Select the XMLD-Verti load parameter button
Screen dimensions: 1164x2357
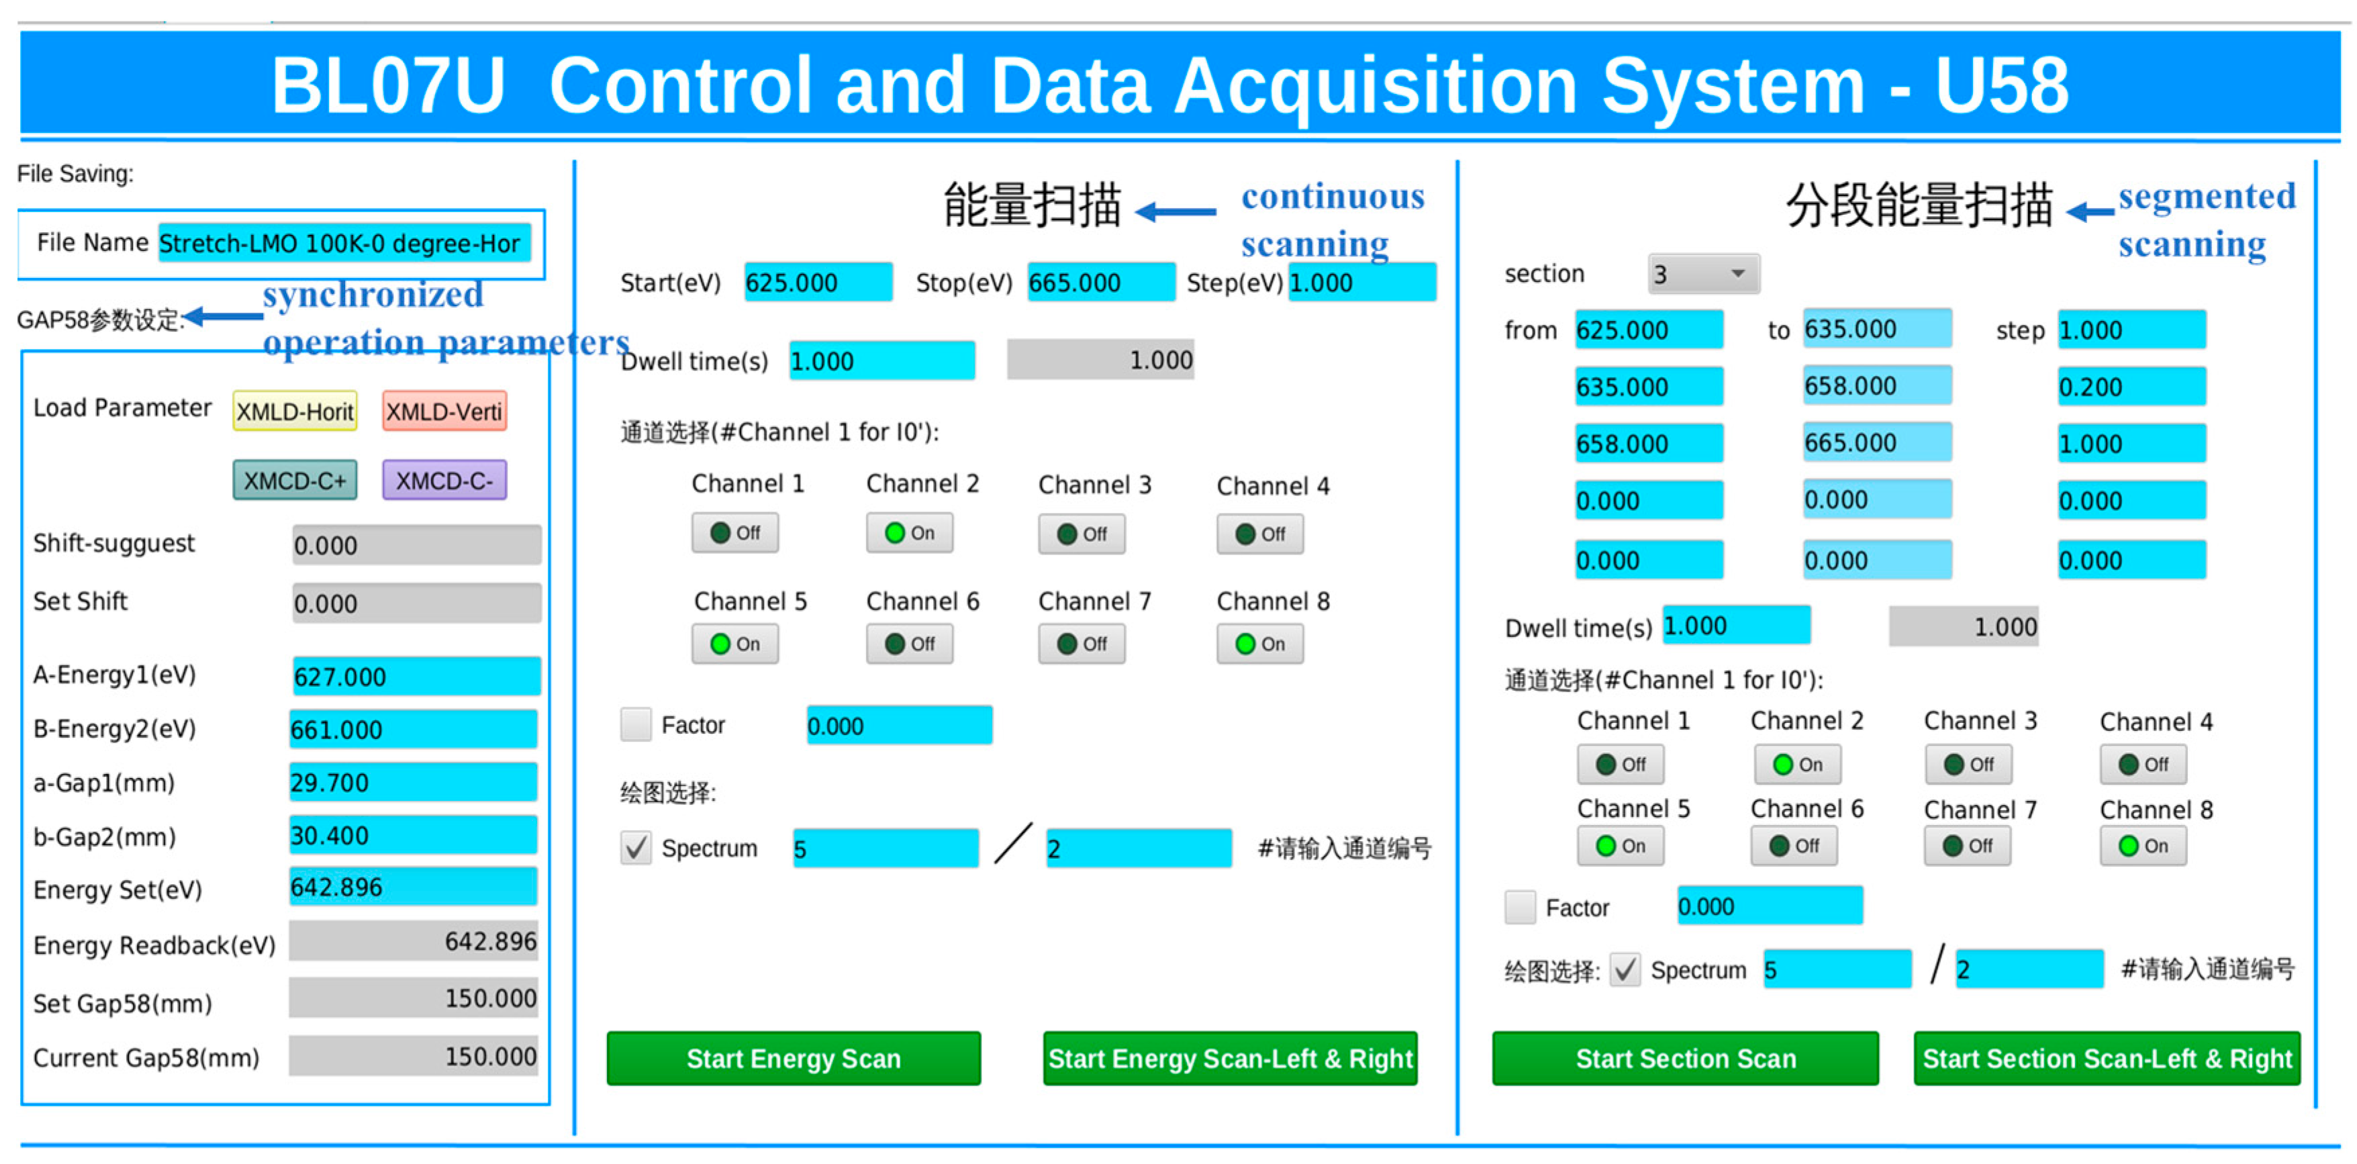pos(444,411)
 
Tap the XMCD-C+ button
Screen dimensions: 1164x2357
pos(295,481)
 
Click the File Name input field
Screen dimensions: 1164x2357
pos(344,244)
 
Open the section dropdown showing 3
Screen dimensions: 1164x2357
pos(1702,274)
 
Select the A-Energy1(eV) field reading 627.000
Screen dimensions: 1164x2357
pos(416,676)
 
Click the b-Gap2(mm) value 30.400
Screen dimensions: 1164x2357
pos(413,836)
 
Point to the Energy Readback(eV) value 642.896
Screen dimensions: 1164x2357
pos(414,942)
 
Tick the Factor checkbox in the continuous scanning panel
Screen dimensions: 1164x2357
pos(636,725)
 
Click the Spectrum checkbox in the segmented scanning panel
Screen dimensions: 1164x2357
pos(1625,969)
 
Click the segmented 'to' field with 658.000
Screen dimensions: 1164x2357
pos(1876,386)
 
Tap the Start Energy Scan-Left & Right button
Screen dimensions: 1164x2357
pos(1230,1058)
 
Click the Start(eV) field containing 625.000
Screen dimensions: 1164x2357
pos(817,283)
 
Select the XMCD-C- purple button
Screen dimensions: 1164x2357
pos(444,481)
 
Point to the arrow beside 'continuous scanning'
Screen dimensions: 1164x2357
pos(1175,212)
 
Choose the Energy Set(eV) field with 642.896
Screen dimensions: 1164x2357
pos(413,887)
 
